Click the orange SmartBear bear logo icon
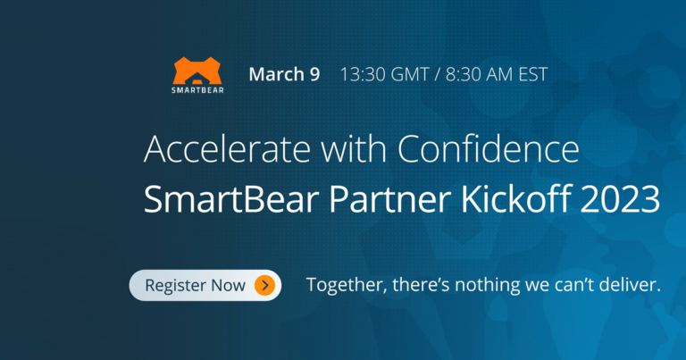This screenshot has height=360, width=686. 197,71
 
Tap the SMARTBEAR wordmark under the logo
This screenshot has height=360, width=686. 197,90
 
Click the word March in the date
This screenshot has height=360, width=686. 277,74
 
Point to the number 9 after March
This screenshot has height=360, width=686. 315,74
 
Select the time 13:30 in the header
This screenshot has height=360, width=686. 363,74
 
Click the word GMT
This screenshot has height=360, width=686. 410,74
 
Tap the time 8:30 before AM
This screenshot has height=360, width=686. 464,74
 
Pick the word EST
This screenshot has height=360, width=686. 533,74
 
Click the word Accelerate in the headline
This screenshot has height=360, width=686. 227,149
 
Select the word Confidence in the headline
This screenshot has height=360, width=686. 489,149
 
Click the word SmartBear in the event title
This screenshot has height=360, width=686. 231,199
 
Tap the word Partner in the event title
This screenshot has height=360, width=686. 389,199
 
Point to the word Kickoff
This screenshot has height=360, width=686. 515,198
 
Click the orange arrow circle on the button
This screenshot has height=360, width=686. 264,285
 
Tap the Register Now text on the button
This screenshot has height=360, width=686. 195,286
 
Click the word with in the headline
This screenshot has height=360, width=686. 354,149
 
